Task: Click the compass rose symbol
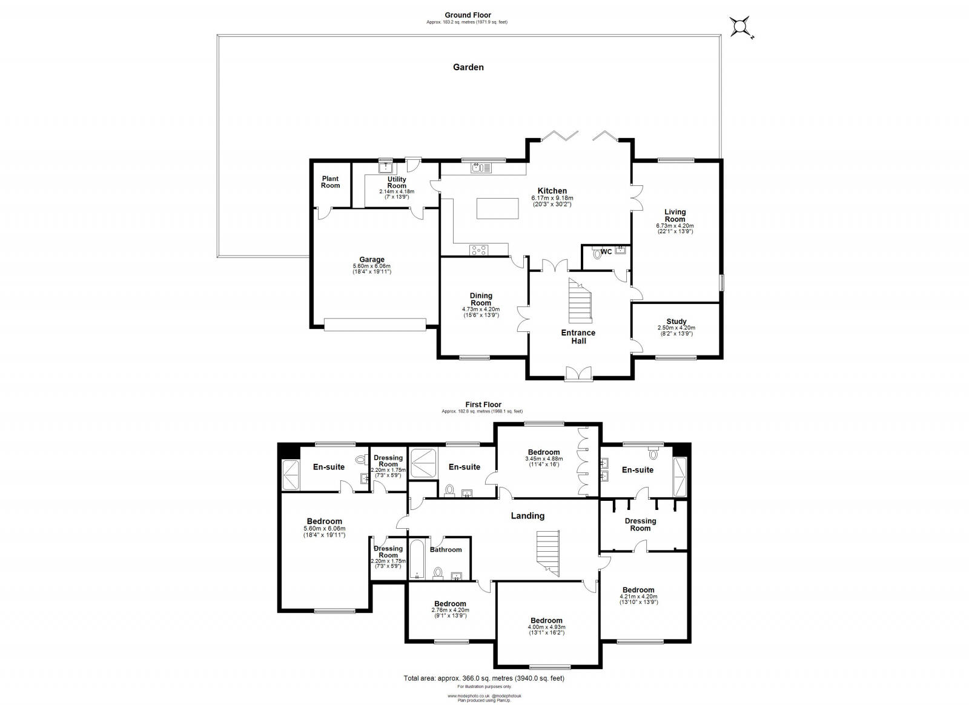pyautogui.click(x=741, y=27)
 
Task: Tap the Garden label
pyautogui.click(x=468, y=67)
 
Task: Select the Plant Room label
pyautogui.click(x=330, y=182)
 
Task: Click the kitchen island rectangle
pyautogui.click(x=498, y=208)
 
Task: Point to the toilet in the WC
pyautogui.click(x=598, y=254)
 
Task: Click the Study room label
pyautogui.click(x=676, y=322)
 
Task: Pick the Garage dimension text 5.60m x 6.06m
pyautogui.click(x=372, y=266)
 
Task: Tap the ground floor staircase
pyautogui.click(x=579, y=300)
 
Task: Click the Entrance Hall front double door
pyautogui.click(x=579, y=374)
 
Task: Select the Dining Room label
pyautogui.click(x=481, y=299)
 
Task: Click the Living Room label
pyautogui.click(x=675, y=215)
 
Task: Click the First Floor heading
pyautogui.click(x=483, y=405)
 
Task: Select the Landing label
pyautogui.click(x=527, y=516)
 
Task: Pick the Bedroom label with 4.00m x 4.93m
pyautogui.click(x=546, y=620)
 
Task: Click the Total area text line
pyautogui.click(x=483, y=678)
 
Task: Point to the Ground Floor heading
pyautogui.click(x=468, y=15)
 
